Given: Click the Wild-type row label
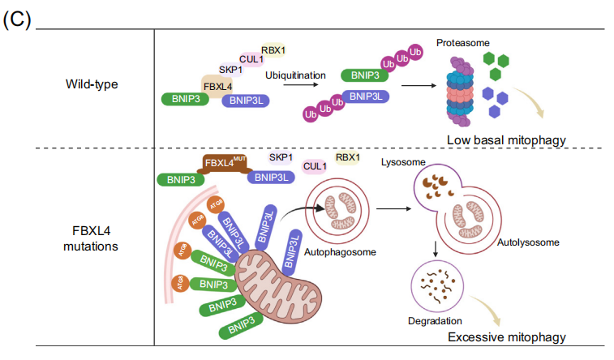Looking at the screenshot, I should [93, 84].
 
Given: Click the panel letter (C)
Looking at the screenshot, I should [17, 20].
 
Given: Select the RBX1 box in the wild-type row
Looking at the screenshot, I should [273, 49].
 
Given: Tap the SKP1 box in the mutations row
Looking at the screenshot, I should [281, 156].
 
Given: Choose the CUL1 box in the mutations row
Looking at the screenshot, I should [316, 166].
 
